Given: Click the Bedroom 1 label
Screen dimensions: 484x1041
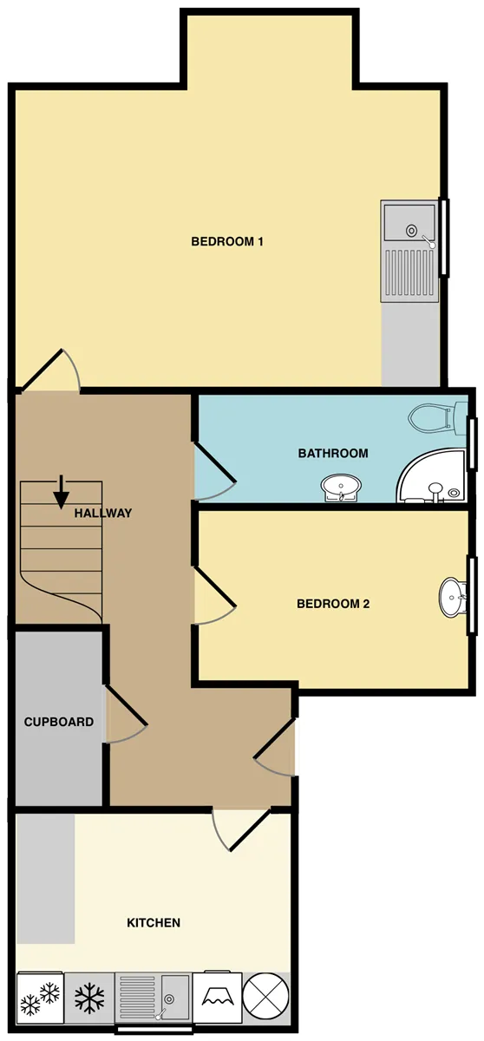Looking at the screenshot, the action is click(227, 242).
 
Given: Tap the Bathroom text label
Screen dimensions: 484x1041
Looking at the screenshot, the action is click(333, 453).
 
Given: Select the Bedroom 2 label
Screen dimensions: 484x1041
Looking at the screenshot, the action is click(333, 604).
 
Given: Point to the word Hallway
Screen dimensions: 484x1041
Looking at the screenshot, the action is click(103, 513).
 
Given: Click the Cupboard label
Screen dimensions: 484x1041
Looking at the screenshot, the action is click(59, 722).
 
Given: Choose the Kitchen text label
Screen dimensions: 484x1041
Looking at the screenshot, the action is click(154, 922).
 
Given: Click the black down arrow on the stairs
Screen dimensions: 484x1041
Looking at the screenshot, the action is click(61, 492).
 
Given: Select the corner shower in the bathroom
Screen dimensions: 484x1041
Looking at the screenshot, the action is click(430, 475).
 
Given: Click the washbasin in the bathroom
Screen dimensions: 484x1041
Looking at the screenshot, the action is click(341, 488).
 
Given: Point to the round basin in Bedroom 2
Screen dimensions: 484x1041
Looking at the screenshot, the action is click(453, 597).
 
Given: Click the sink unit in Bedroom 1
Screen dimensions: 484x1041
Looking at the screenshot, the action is click(409, 251).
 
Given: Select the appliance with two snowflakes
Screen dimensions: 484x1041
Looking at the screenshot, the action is click(41, 998).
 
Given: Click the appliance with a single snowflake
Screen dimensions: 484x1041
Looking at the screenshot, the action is click(89, 998).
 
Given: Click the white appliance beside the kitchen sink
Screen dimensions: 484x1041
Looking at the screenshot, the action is click(218, 997).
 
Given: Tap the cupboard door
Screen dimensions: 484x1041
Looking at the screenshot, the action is click(126, 714).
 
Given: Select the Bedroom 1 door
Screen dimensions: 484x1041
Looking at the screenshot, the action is click(51, 370).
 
